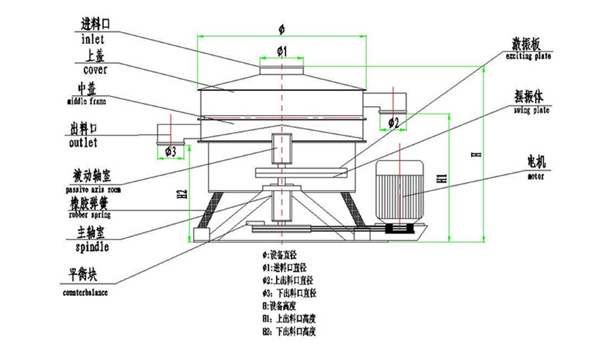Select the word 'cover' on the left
pos(95,69)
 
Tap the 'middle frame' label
pos(87,101)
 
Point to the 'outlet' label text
pos(84,143)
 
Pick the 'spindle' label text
pos(88,246)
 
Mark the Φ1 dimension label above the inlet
pos(281,51)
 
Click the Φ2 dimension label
pos(394,123)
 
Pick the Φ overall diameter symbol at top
pos(281,28)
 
